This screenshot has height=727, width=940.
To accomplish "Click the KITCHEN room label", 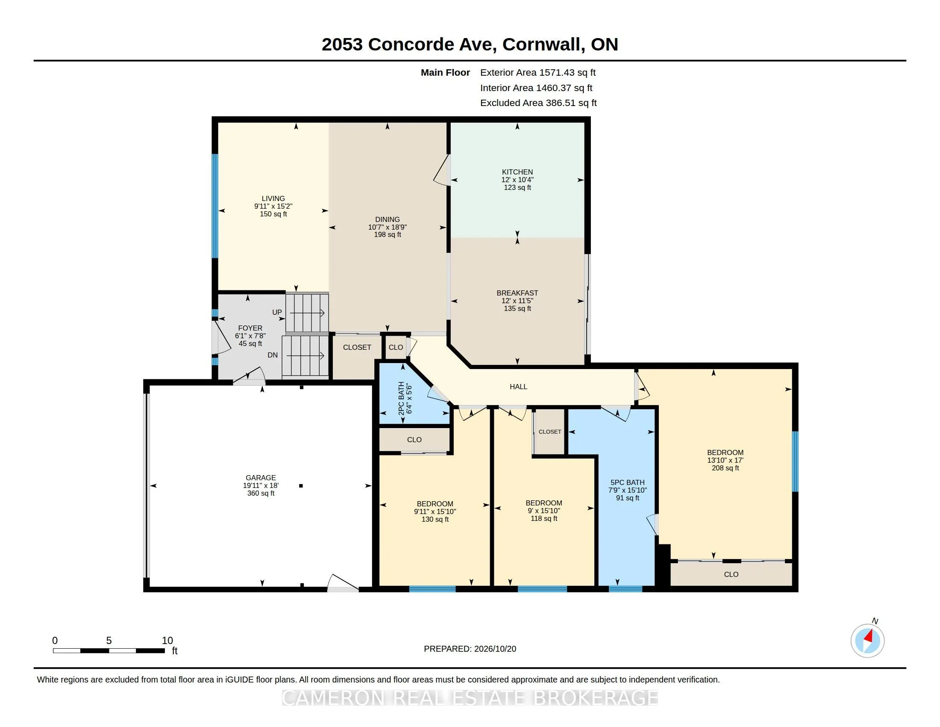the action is click(x=517, y=172).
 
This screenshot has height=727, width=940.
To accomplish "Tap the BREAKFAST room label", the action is click(x=517, y=293).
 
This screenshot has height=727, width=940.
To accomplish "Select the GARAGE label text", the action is click(x=260, y=478).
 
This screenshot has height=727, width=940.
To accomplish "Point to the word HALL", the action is click(x=518, y=387).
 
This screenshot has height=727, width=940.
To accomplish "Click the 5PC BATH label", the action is click(x=627, y=483).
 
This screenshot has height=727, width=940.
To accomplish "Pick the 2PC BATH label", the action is click(x=401, y=399).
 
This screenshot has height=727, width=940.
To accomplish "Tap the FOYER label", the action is click(x=250, y=328).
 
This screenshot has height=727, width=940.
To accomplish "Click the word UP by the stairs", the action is click(x=277, y=312).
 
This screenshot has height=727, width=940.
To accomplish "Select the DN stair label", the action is click(x=273, y=355).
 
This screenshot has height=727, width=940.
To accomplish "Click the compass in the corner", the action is click(x=867, y=641).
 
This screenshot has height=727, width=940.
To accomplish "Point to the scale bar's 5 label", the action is click(x=109, y=641).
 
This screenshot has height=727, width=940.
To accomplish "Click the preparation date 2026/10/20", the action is click(x=495, y=649).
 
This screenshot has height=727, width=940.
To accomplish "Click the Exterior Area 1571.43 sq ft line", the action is click(x=538, y=73).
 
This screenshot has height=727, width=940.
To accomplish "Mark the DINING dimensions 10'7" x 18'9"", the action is click(x=388, y=227).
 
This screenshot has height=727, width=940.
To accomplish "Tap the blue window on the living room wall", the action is click(x=215, y=206).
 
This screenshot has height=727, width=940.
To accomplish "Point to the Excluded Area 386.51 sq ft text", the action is click(x=538, y=103).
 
